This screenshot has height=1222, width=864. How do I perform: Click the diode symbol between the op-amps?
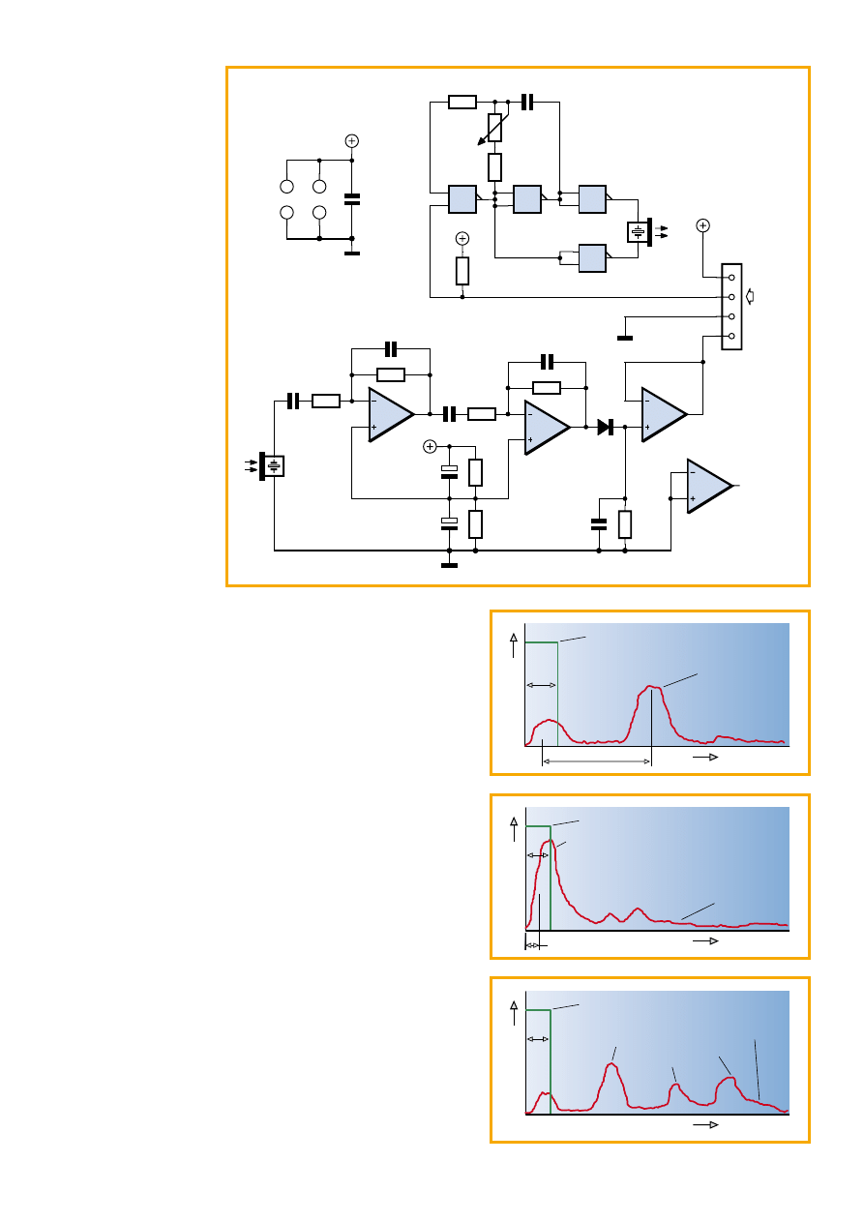coord(607,426)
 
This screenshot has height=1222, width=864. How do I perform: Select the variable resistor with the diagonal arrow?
coord(494,128)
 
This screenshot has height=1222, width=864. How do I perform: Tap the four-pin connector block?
coord(732,307)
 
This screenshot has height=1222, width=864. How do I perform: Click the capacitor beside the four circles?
coord(351,199)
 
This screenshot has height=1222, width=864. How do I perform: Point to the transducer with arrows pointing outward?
coord(639,232)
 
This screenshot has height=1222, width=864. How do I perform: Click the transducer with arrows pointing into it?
coord(273,466)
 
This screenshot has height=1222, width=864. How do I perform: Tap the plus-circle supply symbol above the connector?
coord(703,225)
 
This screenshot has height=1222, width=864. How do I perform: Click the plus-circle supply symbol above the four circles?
coord(351,141)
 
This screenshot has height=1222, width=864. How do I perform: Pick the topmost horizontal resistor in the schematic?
coord(462,102)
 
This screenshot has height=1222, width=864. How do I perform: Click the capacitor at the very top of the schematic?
coord(527,102)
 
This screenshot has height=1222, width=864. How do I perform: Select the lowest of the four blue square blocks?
coord(592,258)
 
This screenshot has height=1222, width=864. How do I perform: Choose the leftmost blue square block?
coord(462,199)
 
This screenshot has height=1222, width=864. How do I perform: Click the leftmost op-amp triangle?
coord(391,414)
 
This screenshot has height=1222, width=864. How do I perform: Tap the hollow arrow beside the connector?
coord(751,296)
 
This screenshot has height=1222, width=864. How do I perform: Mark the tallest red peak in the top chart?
coord(653,687)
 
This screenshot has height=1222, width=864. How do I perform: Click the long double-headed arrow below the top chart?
coord(596,762)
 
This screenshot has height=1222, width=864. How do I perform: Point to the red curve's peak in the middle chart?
coord(549,842)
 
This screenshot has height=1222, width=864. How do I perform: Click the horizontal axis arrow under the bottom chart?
coord(705,1126)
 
